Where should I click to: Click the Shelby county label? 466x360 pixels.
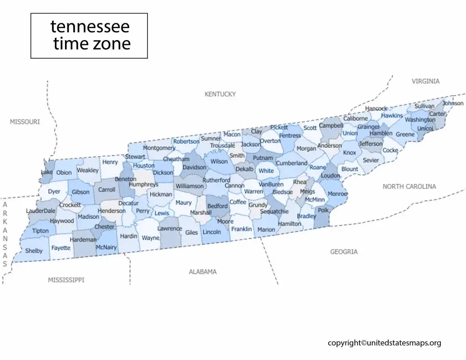[x=34, y=251]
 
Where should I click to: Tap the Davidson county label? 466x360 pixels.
[x=194, y=167]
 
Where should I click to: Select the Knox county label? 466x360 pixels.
[x=349, y=153]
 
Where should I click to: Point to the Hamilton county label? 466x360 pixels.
[x=289, y=223]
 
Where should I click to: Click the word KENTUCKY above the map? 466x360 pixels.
[x=220, y=94]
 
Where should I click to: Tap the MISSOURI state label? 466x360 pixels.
[x=25, y=122]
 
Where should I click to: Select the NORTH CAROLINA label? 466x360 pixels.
[x=409, y=187]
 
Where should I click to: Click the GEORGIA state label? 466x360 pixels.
[x=344, y=252]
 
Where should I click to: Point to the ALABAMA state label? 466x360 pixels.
[x=203, y=272]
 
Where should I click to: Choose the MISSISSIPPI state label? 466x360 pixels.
[x=66, y=280]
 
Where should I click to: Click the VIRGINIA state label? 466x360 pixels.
[x=425, y=81]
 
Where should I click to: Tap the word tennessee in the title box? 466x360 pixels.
[x=90, y=26]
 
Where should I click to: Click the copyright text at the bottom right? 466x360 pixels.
[x=385, y=343]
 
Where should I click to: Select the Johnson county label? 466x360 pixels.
[x=453, y=103]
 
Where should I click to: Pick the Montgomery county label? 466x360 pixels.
[x=159, y=148]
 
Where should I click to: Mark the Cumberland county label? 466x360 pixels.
[x=292, y=163]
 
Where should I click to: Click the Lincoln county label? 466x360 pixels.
[x=212, y=232]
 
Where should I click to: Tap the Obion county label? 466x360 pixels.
[x=64, y=172]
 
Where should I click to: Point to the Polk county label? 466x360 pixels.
[x=323, y=210]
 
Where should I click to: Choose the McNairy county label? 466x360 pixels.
[x=106, y=248]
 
